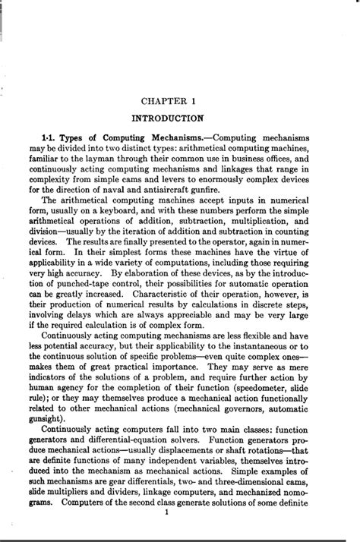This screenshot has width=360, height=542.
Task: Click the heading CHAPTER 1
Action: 167,100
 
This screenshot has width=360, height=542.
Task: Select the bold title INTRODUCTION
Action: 167,118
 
